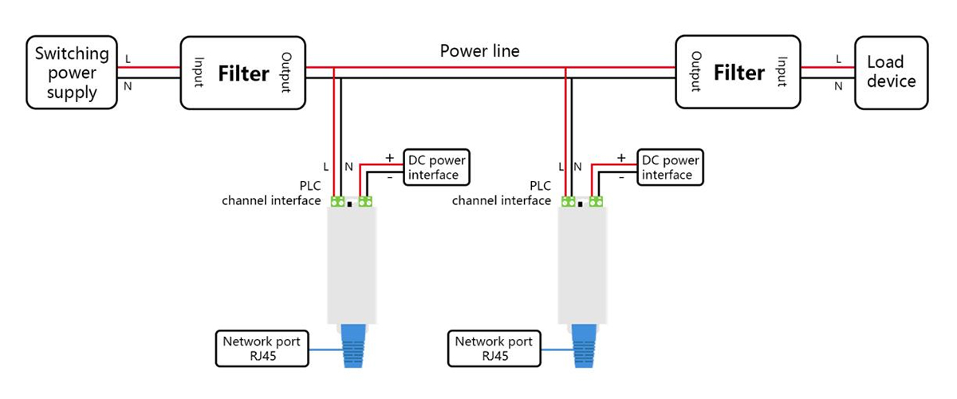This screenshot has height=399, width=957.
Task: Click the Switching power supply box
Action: click(71, 73)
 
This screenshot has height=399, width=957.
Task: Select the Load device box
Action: click(891, 72)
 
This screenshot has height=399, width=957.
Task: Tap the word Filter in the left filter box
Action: click(243, 73)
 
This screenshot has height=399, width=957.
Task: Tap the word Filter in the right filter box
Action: click(738, 73)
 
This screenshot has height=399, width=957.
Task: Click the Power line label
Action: click(479, 51)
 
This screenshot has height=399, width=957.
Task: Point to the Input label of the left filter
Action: click(199, 73)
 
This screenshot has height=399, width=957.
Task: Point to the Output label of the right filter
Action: click(695, 73)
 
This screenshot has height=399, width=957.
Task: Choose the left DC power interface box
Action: click(435, 168)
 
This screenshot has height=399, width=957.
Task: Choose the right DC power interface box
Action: click(670, 168)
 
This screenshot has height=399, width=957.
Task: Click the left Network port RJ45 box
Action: click(262, 349)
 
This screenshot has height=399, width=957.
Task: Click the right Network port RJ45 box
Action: click(494, 349)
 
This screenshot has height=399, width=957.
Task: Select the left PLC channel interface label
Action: click(271, 193)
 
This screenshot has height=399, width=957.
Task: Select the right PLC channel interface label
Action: click(502, 193)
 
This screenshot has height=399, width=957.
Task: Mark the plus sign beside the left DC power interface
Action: click(389, 158)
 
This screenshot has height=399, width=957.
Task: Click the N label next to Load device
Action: click(838, 86)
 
